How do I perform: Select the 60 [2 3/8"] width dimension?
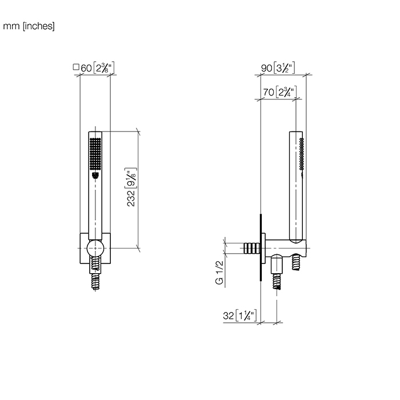point(98,68)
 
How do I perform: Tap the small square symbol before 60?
point(76,67)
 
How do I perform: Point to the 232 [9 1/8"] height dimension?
point(131,188)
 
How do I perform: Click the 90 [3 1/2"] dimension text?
point(278,68)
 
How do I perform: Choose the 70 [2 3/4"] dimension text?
point(279,91)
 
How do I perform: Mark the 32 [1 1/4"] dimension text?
point(238,315)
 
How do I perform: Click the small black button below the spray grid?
point(95,175)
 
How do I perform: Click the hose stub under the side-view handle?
point(297,263)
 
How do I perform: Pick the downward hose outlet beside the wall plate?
point(278,275)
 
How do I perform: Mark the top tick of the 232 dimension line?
point(138,131)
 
